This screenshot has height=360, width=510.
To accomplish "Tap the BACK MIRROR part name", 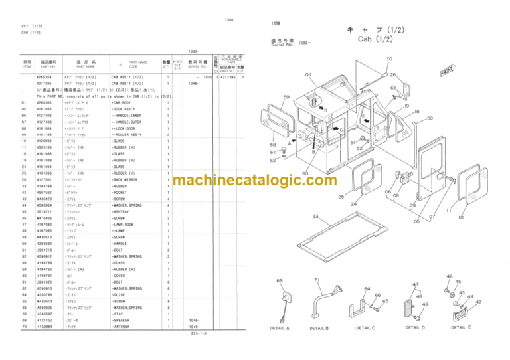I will coord(127,179).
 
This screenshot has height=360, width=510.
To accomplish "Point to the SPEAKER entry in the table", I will coord(124,320).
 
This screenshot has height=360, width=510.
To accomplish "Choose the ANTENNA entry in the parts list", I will coord(124,326).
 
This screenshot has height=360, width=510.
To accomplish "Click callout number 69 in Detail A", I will coord(280,282).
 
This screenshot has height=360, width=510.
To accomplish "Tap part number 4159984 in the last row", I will coord(50,326).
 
